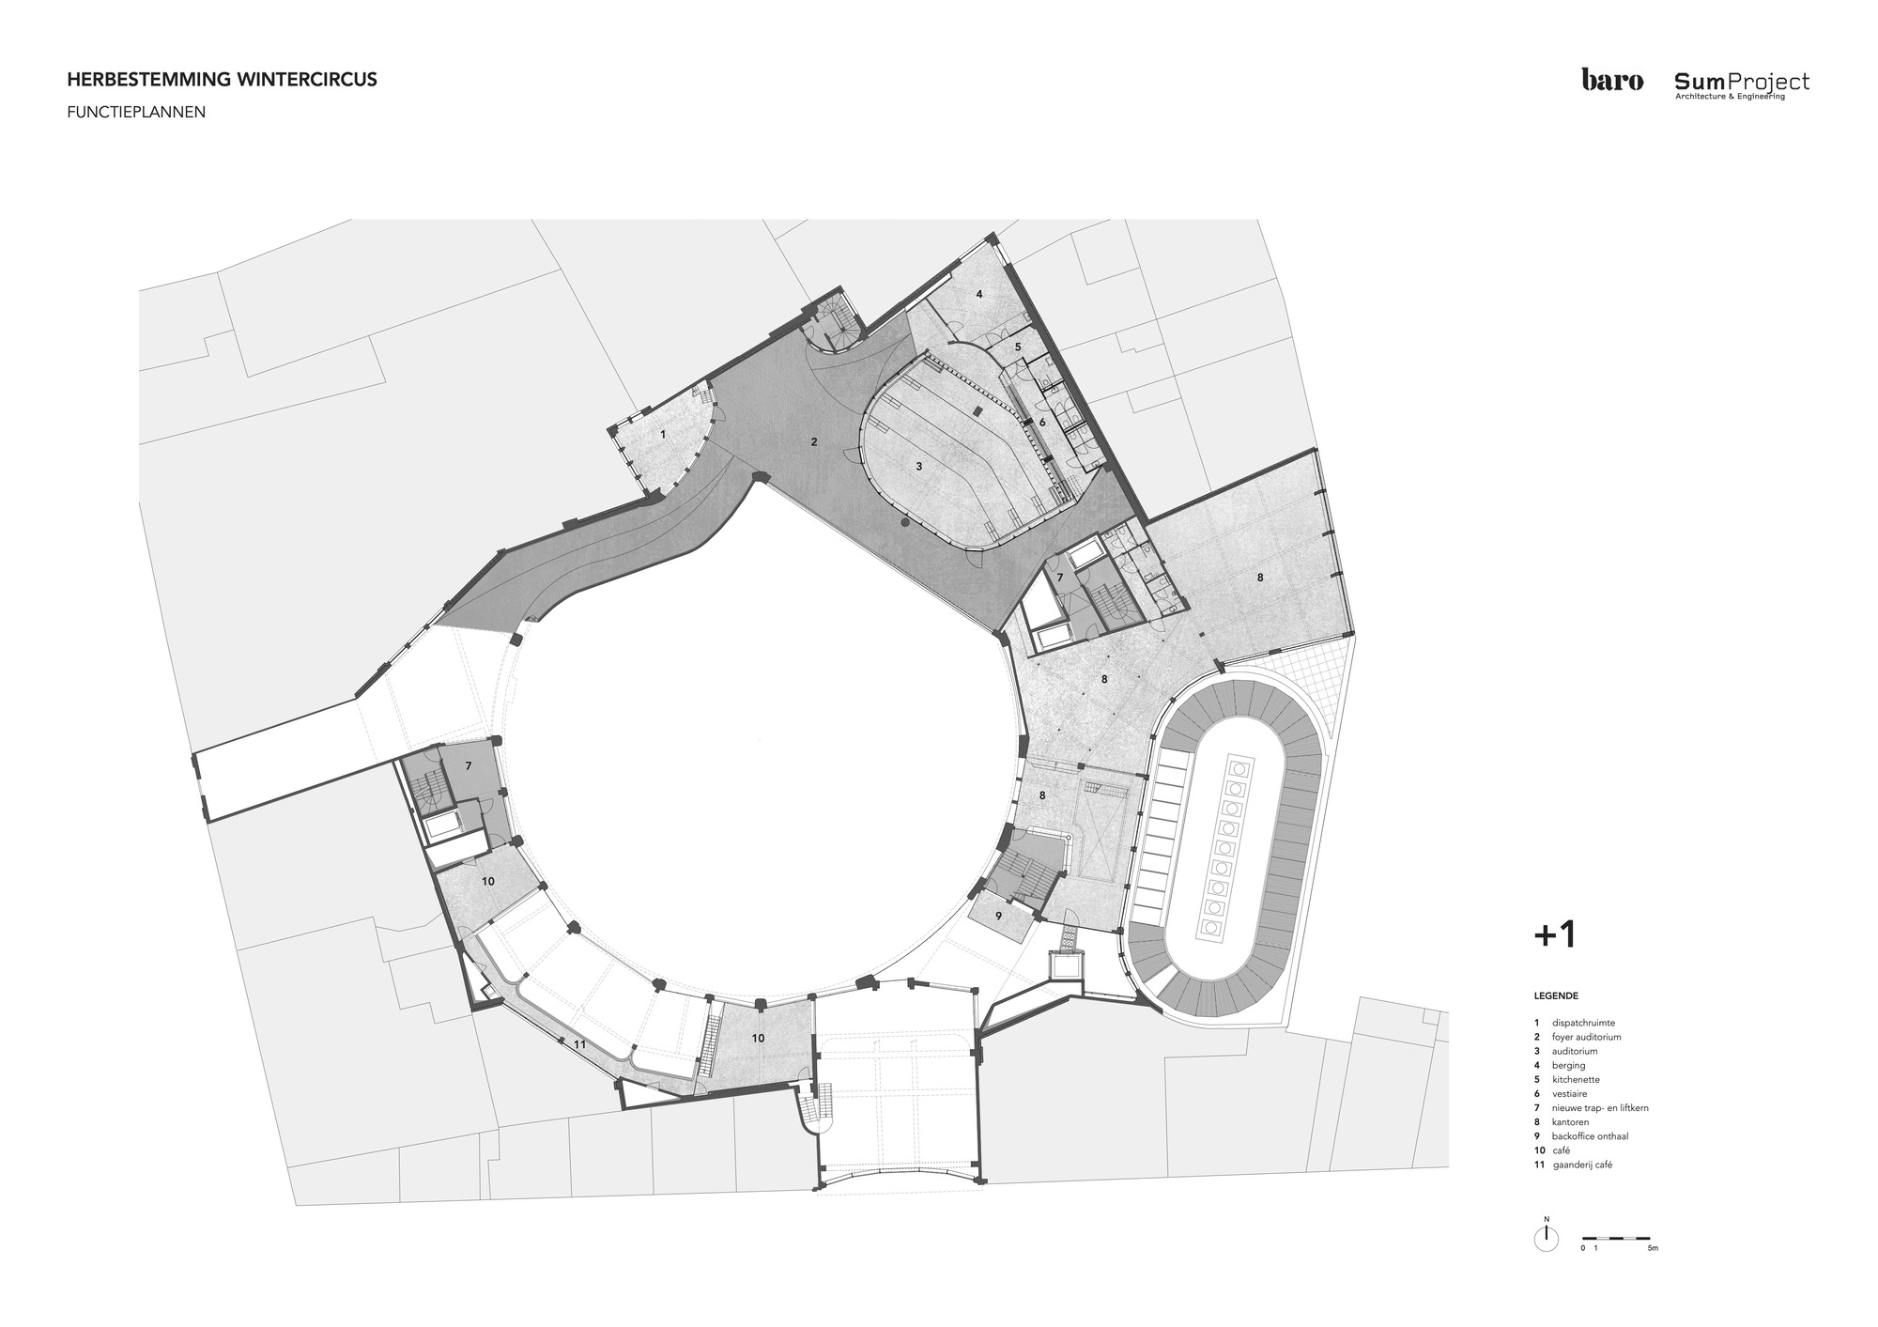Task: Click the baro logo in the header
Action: click(1612, 81)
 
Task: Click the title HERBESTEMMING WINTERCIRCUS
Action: click(223, 80)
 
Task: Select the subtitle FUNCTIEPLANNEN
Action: click(136, 112)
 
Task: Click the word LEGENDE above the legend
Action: click(1556, 995)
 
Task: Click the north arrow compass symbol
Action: click(1545, 1240)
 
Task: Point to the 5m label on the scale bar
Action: click(1654, 1248)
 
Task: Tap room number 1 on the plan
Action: click(663, 435)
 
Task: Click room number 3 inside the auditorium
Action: click(918, 466)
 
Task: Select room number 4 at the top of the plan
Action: click(978, 294)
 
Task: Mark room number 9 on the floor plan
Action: click(998, 915)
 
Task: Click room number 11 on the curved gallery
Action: click(579, 1043)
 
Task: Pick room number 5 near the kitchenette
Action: click(1018, 347)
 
